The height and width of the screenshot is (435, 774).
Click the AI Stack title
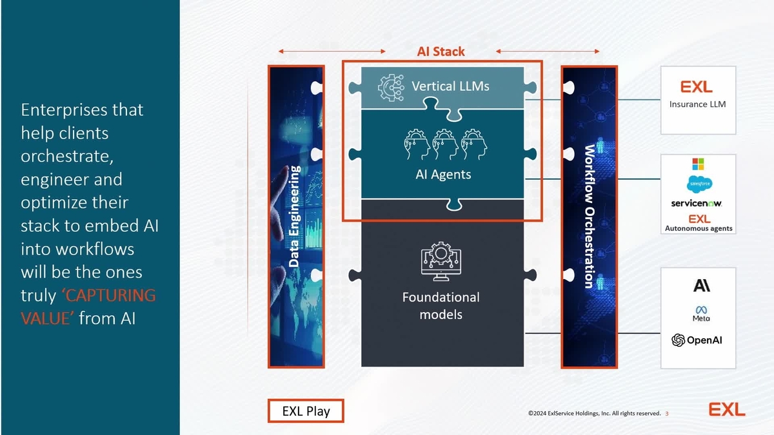pos(441,52)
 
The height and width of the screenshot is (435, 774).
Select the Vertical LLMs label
pos(450,85)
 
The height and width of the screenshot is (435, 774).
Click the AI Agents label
pos(443,174)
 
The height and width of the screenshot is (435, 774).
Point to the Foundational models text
pos(441,305)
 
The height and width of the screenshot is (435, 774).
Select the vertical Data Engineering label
pos(294,216)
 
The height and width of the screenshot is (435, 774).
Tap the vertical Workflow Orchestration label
pos(588,216)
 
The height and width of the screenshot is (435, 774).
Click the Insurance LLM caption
pos(697,104)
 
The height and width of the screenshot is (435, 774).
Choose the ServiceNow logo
pos(697,203)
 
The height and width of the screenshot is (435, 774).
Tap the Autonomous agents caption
pos(699,228)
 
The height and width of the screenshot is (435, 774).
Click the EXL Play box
pos(306,411)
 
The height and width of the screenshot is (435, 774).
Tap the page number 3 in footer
pos(667,413)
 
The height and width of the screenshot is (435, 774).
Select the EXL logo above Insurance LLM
pos(697,87)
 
